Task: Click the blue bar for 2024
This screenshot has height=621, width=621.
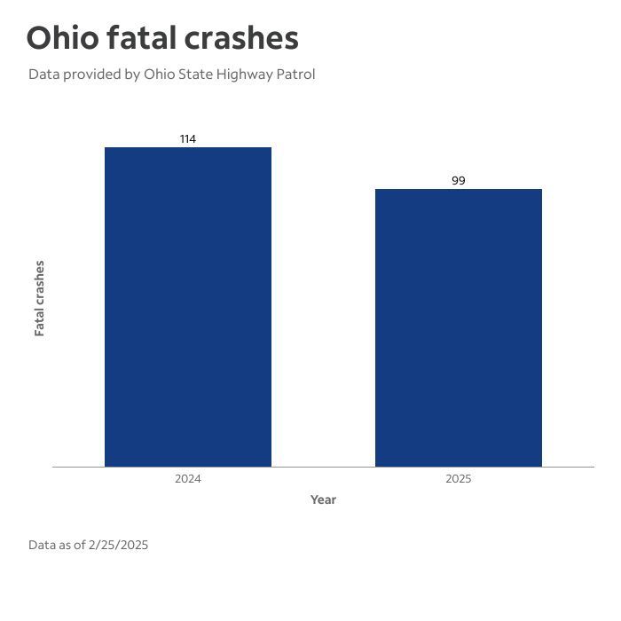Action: click(x=188, y=306)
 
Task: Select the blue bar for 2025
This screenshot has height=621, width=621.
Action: click(x=458, y=327)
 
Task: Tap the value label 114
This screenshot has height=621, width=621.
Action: click(x=188, y=139)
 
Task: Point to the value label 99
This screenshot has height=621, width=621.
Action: click(x=458, y=181)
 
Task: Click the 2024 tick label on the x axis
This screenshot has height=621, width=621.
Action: click(x=188, y=479)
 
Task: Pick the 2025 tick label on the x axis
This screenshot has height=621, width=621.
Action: click(x=458, y=479)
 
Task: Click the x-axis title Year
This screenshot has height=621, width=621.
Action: click(x=323, y=499)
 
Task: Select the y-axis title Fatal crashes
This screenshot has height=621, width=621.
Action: click(x=39, y=298)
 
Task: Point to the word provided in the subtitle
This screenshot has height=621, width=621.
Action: click(x=92, y=75)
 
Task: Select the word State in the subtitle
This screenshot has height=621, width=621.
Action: click(x=194, y=75)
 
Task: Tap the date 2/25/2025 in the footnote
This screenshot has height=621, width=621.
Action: click(x=118, y=545)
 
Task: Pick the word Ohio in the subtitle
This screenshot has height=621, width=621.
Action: click(x=159, y=75)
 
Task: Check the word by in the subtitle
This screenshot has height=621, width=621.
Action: click(x=132, y=75)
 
